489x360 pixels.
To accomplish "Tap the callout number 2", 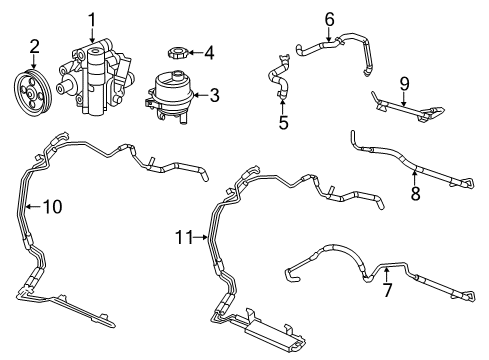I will (x=34, y=46).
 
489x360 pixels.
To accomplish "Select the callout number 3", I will (x=212, y=96).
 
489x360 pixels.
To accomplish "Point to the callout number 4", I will (x=210, y=52).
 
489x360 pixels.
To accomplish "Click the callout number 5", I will (x=283, y=123).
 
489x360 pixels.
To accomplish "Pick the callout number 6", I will (x=302, y=18).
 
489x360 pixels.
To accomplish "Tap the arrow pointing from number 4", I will (x=194, y=52).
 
